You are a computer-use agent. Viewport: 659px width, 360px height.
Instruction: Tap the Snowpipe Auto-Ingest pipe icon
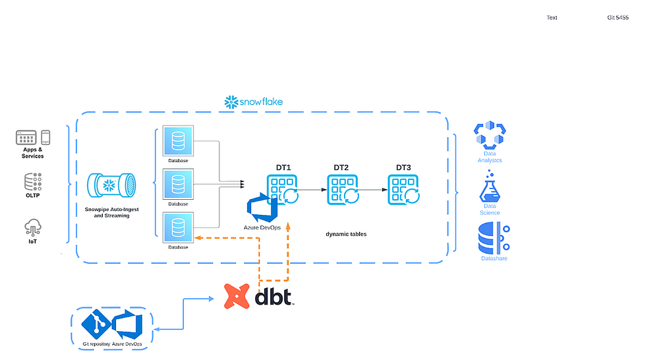(112, 184)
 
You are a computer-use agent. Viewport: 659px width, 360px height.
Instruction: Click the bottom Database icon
(177, 227)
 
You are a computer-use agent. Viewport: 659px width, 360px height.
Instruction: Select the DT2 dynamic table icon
(343, 189)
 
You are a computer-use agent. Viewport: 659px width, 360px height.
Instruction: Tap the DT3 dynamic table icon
(403, 189)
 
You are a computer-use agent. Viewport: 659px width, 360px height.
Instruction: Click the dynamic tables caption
(346, 234)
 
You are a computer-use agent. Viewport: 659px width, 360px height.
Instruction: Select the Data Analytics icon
(489, 135)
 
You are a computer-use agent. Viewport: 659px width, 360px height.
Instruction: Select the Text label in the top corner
(552, 18)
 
